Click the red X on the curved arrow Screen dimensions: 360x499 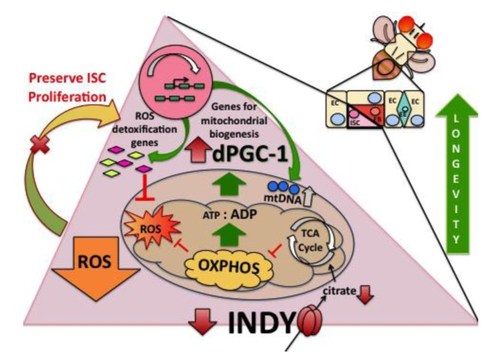click(37, 147)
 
